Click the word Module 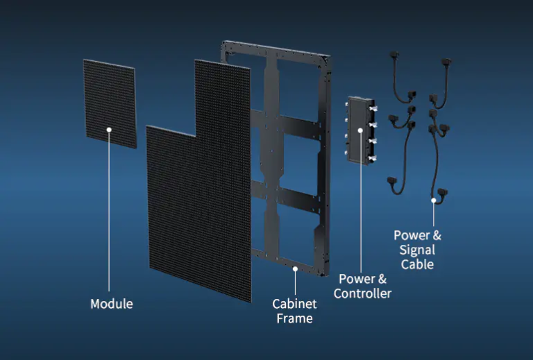[111, 304]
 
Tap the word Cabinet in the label [294, 304]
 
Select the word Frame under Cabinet [294, 318]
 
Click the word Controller [362, 293]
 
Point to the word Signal [417, 250]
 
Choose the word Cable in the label [417, 264]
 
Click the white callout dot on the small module [109, 129]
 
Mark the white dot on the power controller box [360, 130]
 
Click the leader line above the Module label [109, 215]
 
